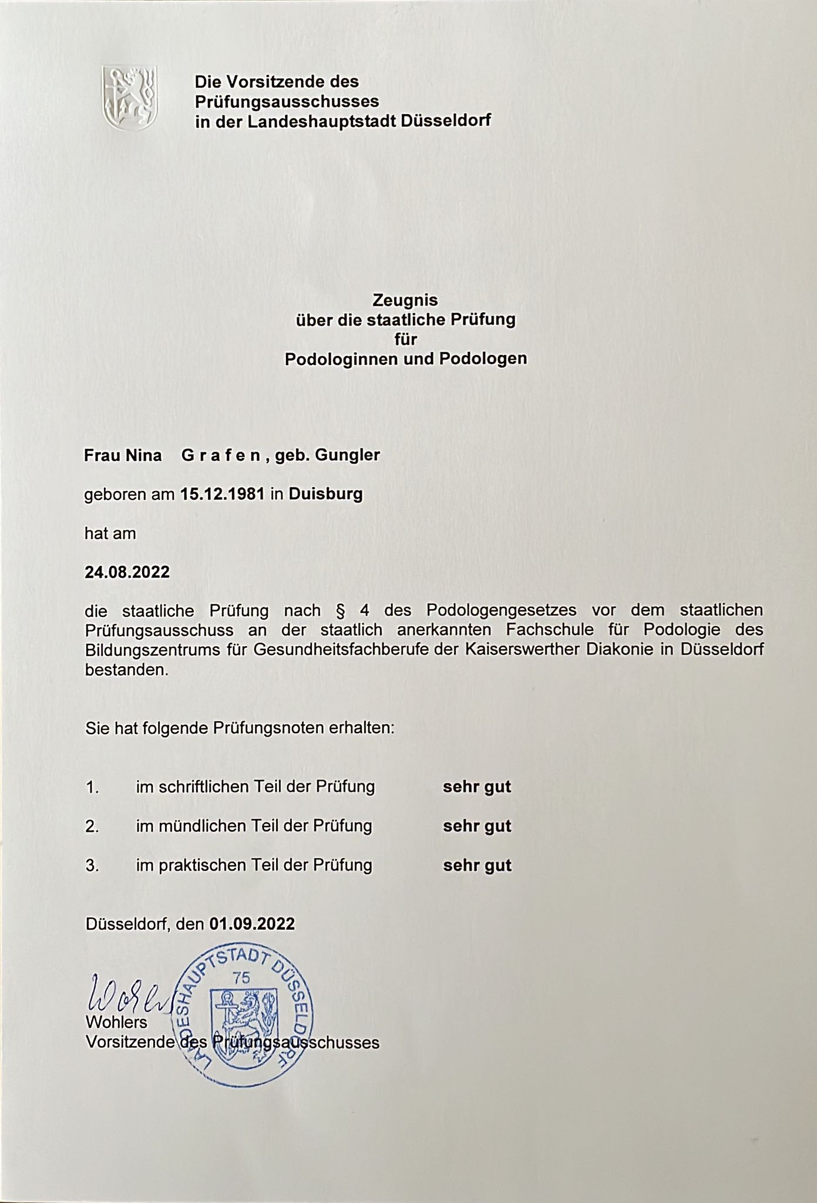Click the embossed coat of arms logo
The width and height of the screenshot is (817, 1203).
130,97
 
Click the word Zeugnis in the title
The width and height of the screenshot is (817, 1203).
405,300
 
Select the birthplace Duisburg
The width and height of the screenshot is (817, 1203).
325,494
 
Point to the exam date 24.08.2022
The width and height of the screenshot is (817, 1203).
127,572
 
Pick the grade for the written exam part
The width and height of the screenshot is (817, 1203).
477,787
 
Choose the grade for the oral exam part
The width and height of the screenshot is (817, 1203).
477,826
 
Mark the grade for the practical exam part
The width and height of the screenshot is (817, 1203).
477,865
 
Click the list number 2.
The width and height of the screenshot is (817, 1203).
92,826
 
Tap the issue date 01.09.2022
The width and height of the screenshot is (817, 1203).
252,924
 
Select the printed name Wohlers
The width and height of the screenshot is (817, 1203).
116,1022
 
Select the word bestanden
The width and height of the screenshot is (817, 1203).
127,670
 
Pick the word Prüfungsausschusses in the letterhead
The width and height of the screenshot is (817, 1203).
287,101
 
